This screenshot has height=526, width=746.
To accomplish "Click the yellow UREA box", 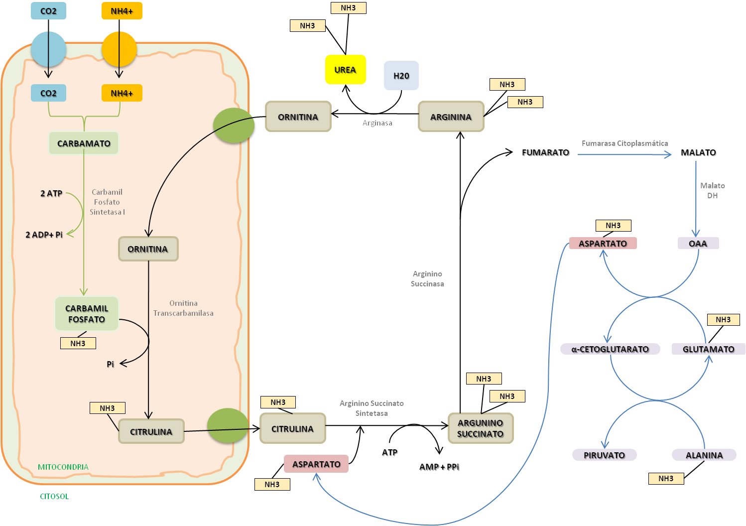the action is (345, 69).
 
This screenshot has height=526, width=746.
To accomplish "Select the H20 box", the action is (401, 75).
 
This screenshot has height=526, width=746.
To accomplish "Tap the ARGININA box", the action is (451, 117).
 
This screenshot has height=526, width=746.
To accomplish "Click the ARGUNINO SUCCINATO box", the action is (481, 428).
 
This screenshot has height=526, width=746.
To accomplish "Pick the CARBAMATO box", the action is (84, 143).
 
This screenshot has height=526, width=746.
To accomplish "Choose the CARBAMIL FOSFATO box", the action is (87, 313).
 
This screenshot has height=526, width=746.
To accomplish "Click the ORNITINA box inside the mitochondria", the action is (148, 249).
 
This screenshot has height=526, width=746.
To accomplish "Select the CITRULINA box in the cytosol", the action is (292, 428).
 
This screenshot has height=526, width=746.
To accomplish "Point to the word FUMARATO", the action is (545, 152).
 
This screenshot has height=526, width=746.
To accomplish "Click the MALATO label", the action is (698, 152).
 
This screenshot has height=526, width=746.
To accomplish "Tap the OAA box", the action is (698, 243).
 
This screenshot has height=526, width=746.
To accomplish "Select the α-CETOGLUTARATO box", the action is (610, 349).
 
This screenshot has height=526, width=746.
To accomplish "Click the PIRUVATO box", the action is (604, 455).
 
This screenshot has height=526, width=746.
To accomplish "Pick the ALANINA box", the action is (704, 455).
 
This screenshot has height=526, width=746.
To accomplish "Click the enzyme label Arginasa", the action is (377, 123).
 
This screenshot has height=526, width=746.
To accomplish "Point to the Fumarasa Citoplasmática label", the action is (625, 143).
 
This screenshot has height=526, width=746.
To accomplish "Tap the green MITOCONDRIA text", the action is (63, 467).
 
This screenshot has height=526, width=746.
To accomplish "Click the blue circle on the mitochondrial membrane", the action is (49, 49).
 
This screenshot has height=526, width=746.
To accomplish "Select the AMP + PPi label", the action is (439, 467).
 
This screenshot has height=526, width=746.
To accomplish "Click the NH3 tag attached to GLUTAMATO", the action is (723, 319).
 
